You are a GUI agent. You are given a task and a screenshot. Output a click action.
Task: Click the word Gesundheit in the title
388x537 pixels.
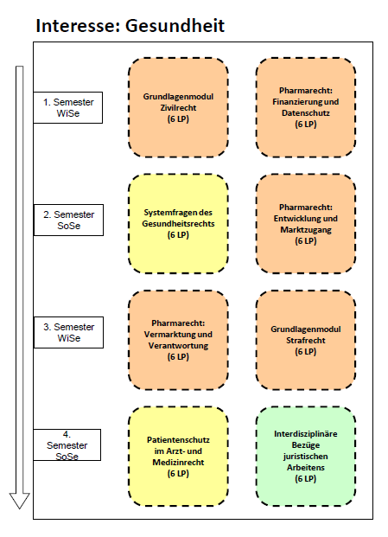[x=175, y=26]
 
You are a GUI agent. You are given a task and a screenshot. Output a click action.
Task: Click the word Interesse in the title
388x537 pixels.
[x=76, y=26]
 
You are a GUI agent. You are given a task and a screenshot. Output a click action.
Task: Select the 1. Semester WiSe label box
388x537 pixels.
[x=67, y=107]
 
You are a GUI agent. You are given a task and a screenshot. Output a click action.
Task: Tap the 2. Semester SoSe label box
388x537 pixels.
[x=68, y=220]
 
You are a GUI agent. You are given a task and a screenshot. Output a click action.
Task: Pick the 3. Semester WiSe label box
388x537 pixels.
[x=68, y=332]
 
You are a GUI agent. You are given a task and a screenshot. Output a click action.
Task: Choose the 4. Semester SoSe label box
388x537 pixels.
[x=67, y=444]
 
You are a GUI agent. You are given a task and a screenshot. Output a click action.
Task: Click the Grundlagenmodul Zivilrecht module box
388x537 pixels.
[x=178, y=107]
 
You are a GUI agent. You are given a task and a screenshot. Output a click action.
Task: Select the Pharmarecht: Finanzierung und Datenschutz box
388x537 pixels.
[x=306, y=107]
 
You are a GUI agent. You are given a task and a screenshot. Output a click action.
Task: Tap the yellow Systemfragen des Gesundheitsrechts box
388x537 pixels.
[x=178, y=224]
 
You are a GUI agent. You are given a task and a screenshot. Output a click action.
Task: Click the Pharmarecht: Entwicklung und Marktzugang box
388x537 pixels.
[x=306, y=224]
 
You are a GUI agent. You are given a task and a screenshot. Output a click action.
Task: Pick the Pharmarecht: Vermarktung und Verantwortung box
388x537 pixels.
[x=178, y=340]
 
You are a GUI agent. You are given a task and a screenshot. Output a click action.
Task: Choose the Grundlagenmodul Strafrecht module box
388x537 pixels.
[x=306, y=340]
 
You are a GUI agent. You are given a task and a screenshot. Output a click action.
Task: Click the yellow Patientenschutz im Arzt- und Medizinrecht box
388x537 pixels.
[x=178, y=457]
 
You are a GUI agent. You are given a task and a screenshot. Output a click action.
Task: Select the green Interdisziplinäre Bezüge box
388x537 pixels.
[x=306, y=457]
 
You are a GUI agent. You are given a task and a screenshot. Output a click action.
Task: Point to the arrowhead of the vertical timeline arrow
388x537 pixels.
[x=20, y=508]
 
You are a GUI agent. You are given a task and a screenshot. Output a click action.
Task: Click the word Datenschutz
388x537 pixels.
[x=306, y=113]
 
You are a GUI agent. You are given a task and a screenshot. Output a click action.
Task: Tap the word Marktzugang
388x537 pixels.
[x=306, y=230]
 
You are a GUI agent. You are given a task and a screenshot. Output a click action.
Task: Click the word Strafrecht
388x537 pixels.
[x=306, y=341]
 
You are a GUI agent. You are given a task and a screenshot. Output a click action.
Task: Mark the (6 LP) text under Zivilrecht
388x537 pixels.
[x=178, y=119]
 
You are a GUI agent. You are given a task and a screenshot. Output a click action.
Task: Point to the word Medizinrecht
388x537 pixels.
[x=178, y=463]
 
